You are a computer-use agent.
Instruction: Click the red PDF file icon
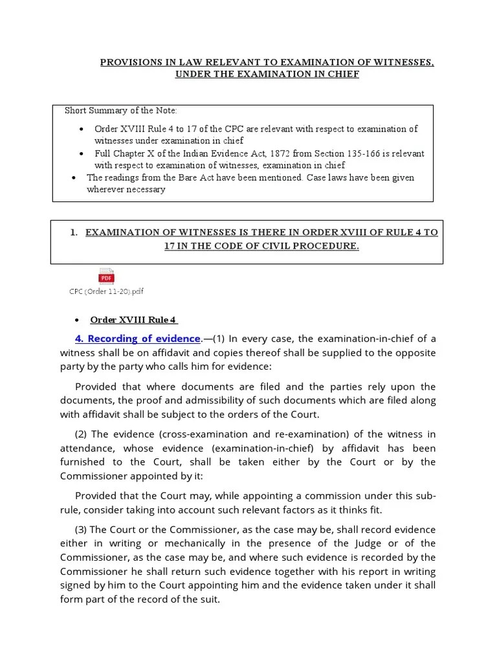[x=105, y=276]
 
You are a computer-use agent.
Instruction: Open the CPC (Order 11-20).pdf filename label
[x=106, y=291]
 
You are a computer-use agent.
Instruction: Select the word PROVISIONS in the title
[x=129, y=62]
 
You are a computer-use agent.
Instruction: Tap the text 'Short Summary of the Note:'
[x=120, y=111]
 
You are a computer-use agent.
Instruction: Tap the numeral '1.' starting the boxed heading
[x=74, y=232]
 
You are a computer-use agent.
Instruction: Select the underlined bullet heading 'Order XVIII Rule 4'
[x=133, y=320]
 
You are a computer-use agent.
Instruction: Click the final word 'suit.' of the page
[x=210, y=600]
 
